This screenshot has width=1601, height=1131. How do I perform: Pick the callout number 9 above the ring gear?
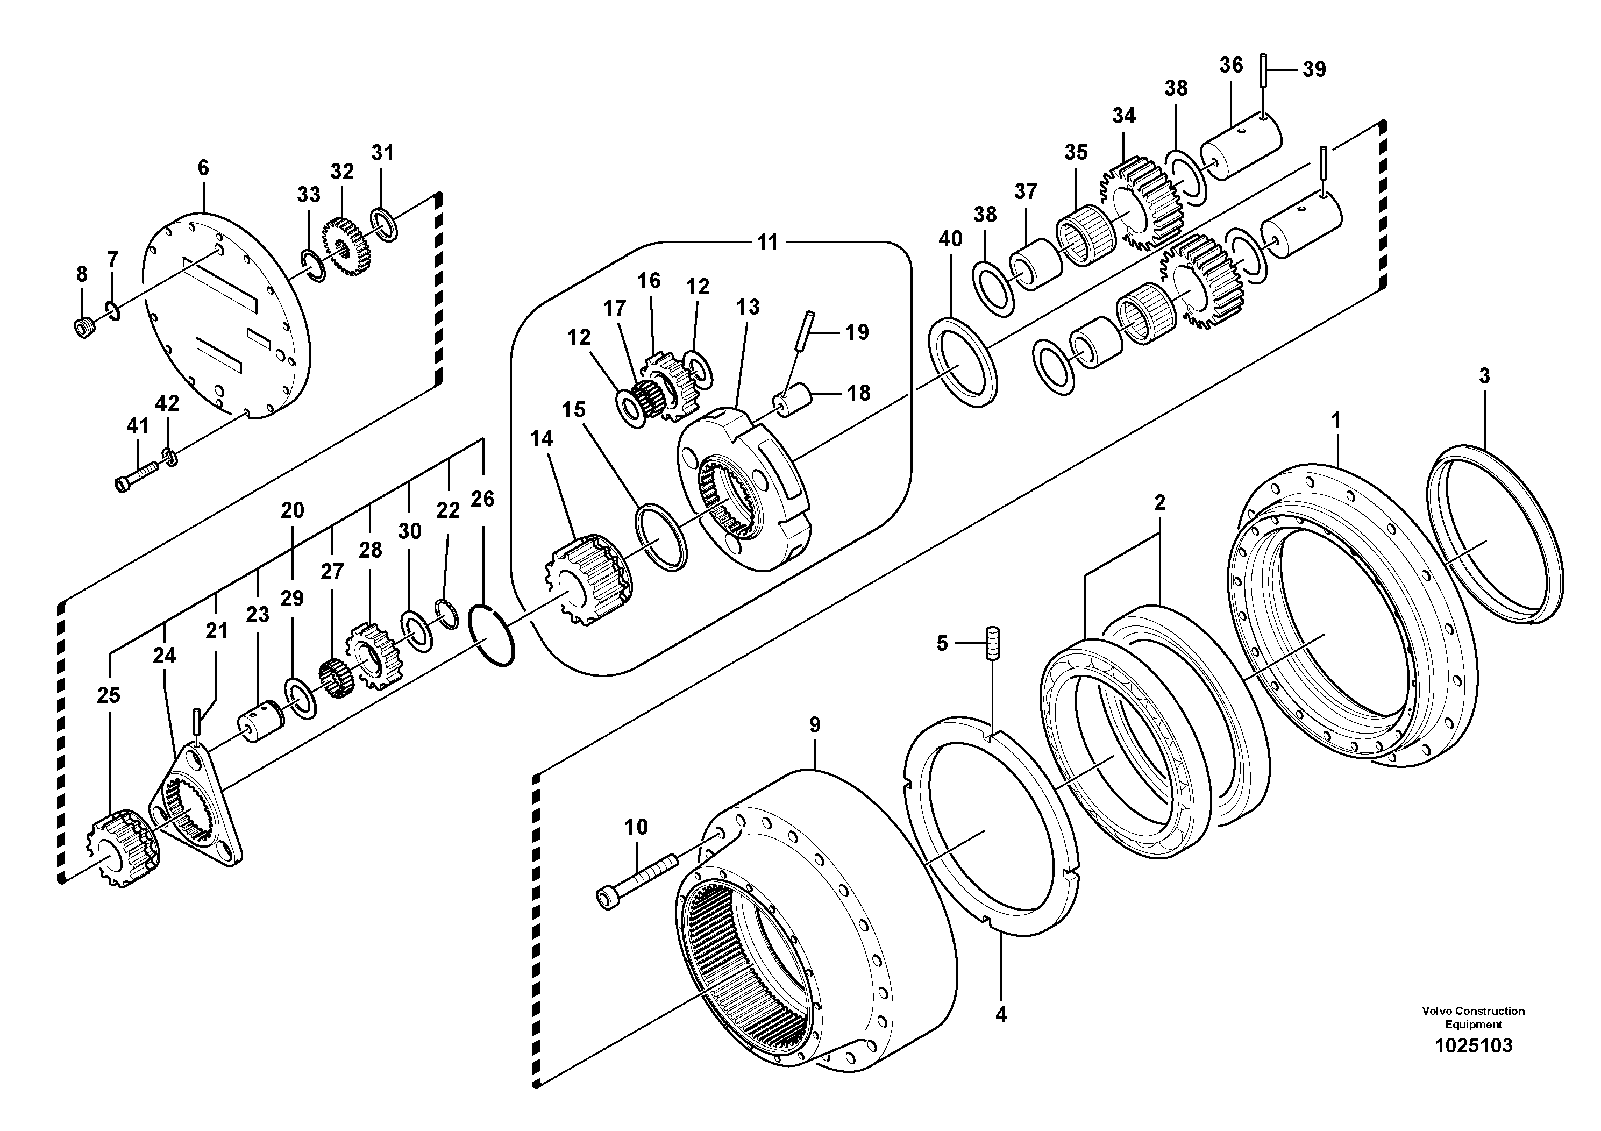(814, 725)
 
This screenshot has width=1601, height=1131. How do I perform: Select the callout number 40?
(950, 239)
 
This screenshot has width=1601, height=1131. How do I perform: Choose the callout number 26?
(482, 499)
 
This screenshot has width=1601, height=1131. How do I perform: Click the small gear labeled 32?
(346, 247)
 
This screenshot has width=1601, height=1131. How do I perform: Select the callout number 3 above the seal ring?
(1484, 376)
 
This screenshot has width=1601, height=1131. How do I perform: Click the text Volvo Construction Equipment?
(1472, 1019)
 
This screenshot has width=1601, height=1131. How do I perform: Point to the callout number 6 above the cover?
(203, 167)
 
